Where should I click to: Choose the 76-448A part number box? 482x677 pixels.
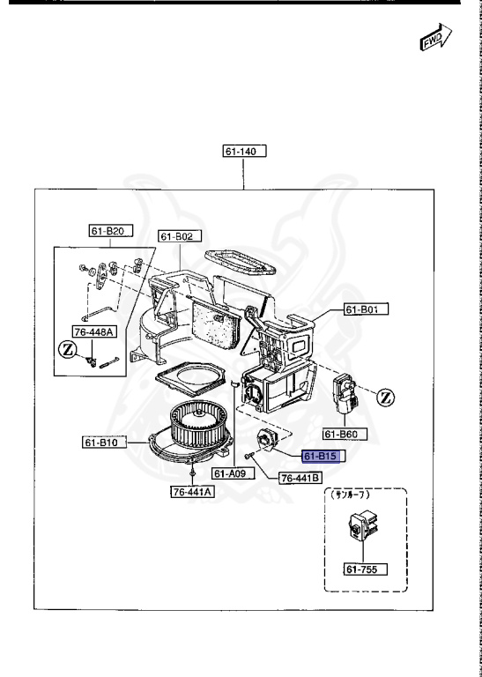pos(94,332)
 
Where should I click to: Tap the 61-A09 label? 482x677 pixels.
pos(234,472)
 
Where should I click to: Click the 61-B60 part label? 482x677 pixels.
pos(344,434)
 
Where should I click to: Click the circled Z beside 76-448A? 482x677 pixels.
pos(66,351)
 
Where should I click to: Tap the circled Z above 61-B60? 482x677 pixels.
pos(384,398)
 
